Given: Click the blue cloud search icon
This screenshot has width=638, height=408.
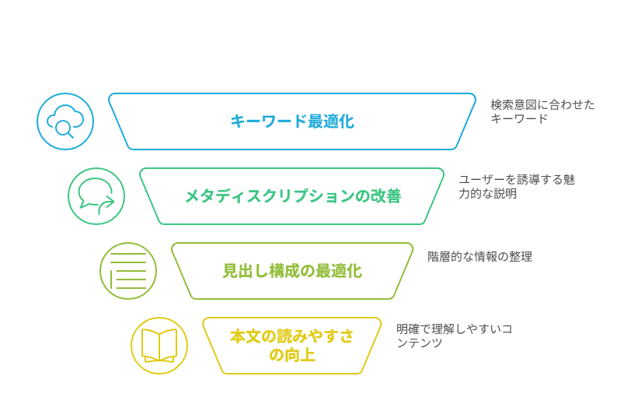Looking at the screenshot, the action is (65, 121).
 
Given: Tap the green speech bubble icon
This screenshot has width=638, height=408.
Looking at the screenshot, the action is (96, 196).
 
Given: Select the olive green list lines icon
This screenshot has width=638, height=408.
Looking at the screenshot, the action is (128, 271).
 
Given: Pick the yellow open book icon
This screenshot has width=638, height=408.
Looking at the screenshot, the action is (159, 346).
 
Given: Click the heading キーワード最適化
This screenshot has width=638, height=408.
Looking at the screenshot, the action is (292, 121).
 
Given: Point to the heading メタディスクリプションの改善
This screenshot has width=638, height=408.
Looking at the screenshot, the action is (293, 196).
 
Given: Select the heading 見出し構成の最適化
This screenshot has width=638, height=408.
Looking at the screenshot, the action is (292, 271).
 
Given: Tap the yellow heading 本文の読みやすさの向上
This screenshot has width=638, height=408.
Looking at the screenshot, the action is (291, 346).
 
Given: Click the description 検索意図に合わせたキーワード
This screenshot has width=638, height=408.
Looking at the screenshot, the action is (542, 111).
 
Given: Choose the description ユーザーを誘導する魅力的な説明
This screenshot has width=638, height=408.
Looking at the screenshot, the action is (517, 187).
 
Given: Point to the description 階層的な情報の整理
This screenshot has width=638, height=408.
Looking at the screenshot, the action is (479, 257).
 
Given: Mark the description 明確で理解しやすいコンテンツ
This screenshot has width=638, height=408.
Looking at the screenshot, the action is (454, 336).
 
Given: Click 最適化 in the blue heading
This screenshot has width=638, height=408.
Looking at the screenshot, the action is (331, 121).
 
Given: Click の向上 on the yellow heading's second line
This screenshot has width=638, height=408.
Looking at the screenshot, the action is (291, 355).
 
